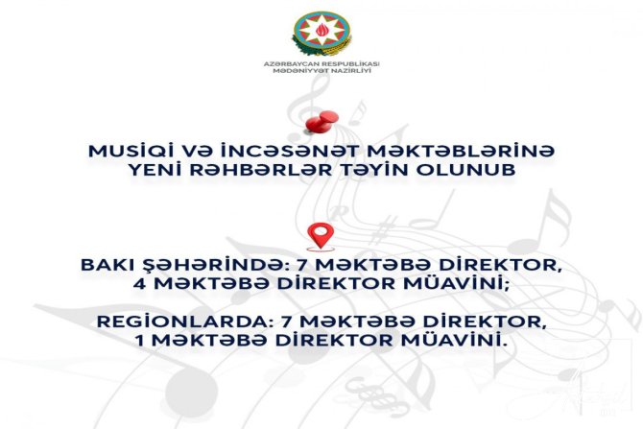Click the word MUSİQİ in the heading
coord(126,153)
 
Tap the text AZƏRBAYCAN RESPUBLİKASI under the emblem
coord(321,63)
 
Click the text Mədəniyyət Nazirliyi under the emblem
coord(321,72)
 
